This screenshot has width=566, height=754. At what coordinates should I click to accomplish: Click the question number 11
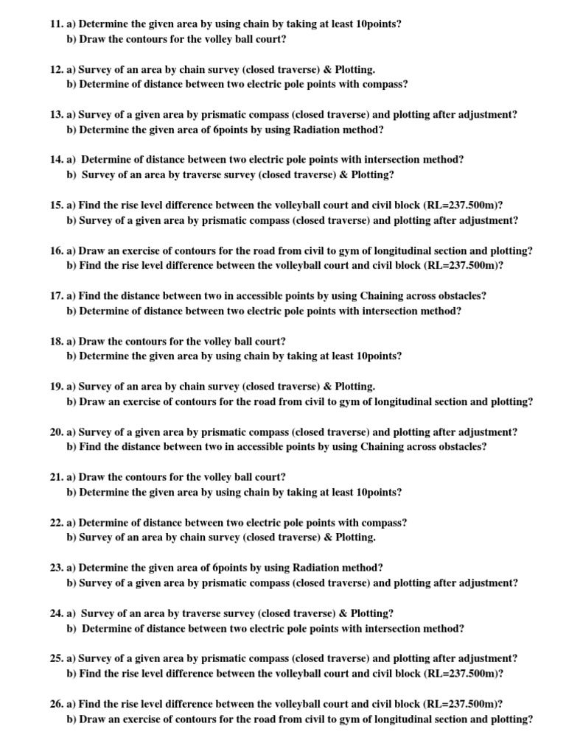point(57,24)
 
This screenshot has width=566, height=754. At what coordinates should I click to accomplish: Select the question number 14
point(57,160)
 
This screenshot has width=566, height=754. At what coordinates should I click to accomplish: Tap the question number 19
point(57,387)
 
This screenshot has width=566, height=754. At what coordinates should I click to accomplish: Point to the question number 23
point(57,568)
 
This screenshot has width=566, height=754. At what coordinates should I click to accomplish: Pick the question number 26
point(57,704)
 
